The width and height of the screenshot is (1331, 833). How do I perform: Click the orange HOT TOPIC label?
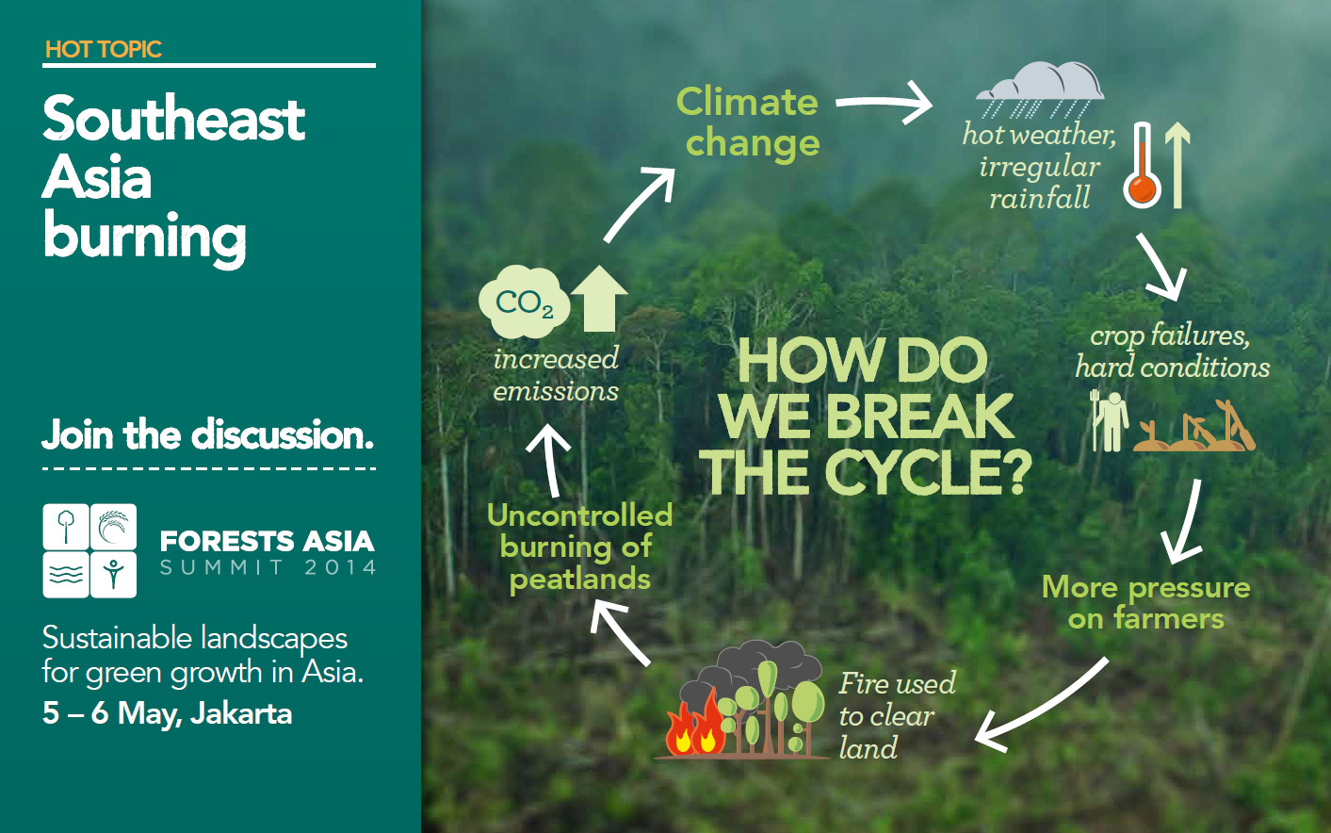coord(104,49)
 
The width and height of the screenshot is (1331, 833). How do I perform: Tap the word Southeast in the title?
coord(173,119)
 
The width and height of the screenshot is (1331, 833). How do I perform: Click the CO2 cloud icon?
coord(524,302)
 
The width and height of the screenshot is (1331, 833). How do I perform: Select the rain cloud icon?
coord(1040,90)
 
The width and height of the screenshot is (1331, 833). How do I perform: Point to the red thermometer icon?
coord(1142,165)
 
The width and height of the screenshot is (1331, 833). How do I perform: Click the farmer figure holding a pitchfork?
coord(1110,421)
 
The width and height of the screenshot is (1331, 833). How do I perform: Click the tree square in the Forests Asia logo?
coord(66,527)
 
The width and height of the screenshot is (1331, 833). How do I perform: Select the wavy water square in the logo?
coord(66,575)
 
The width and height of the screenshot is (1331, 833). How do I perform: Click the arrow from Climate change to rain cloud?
coord(884,103)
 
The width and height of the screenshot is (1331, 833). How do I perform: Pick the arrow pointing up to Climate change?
coord(640,204)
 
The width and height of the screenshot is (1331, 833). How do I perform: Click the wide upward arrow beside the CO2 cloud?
coord(599,299)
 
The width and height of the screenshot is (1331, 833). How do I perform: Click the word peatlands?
coord(580,579)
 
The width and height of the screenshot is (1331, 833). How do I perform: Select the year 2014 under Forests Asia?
coord(340,567)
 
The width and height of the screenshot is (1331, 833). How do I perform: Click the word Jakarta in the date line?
coord(241,713)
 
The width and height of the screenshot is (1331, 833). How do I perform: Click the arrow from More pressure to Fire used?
coord(1042,705)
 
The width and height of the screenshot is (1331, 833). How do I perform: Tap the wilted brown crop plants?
coord(1194,426)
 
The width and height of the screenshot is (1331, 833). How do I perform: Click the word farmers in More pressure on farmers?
coord(1169,618)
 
